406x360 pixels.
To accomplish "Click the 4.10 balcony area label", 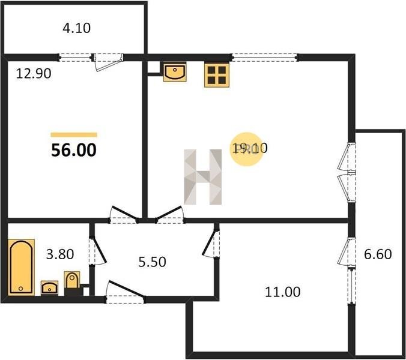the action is click(77, 28).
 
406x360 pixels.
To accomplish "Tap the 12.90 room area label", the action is click(34, 73).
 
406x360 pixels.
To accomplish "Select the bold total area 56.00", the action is click(74, 150).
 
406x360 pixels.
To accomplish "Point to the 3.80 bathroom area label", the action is click(60, 254).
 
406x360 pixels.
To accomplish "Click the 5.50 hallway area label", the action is click(153, 262).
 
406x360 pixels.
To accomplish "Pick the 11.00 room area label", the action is click(283, 292).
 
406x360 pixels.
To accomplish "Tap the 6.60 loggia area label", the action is click(378, 254).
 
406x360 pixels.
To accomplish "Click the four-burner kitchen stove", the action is click(217, 75).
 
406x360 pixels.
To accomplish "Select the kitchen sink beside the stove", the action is click(175, 73).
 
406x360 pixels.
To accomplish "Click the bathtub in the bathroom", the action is click(21, 267).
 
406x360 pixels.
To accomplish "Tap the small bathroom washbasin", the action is click(49, 288).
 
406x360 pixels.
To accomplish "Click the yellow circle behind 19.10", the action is click(247, 149).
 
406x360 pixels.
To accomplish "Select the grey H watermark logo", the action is click(203, 177).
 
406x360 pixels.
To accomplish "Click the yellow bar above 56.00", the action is click(74, 134).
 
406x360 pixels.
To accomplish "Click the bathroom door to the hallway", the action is click(97, 250).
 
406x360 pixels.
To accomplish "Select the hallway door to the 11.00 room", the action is click(211, 243).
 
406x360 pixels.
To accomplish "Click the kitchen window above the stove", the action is click(264, 58).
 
